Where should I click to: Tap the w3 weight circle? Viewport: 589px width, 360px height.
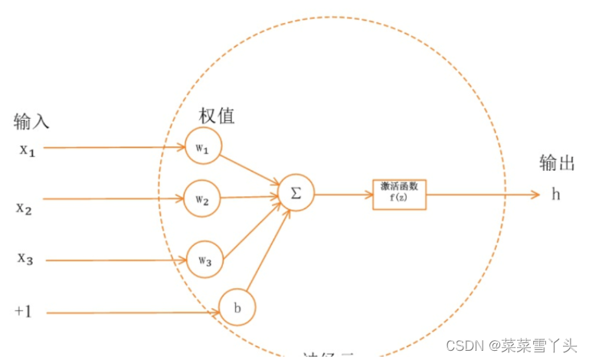205,258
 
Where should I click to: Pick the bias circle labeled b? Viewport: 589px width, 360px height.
237,307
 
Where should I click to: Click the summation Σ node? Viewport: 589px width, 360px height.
296,193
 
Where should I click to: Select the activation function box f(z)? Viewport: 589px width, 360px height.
399,195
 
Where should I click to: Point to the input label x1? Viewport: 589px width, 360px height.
28,149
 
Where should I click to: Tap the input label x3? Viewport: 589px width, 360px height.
26,259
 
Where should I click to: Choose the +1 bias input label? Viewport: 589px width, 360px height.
23,311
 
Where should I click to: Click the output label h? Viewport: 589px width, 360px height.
556,195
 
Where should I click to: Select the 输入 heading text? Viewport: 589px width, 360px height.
31,120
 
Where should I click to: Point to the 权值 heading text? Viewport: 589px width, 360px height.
217,116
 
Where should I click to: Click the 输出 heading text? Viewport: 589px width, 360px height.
557,163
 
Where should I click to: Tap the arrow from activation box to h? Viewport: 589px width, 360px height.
483,195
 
